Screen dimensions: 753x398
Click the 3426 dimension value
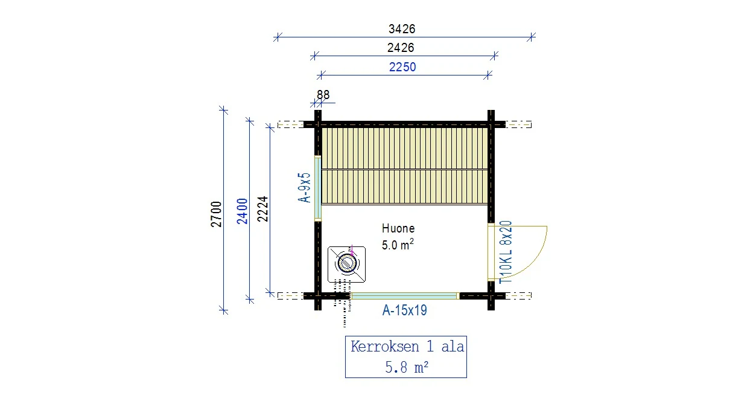point(402,29)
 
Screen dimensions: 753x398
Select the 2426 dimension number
point(401,48)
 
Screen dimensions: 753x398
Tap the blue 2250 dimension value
point(402,67)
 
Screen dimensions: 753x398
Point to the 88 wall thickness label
point(323,95)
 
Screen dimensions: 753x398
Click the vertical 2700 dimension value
point(216,214)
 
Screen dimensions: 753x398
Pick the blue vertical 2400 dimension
point(242,211)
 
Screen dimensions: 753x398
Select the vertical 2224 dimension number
point(262,209)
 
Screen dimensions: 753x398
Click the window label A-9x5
point(304,188)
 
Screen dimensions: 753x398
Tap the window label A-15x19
point(404,310)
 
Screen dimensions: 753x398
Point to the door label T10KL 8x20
point(506,252)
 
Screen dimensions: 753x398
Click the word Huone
point(398,229)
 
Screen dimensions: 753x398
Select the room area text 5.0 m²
point(398,245)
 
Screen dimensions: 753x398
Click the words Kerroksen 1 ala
point(407,347)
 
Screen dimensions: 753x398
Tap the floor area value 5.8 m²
point(407,367)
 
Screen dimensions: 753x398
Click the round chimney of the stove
point(347,263)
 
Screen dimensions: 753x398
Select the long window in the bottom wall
point(405,296)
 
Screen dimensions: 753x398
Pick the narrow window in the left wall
point(317,188)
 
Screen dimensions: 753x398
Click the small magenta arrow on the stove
point(352,251)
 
